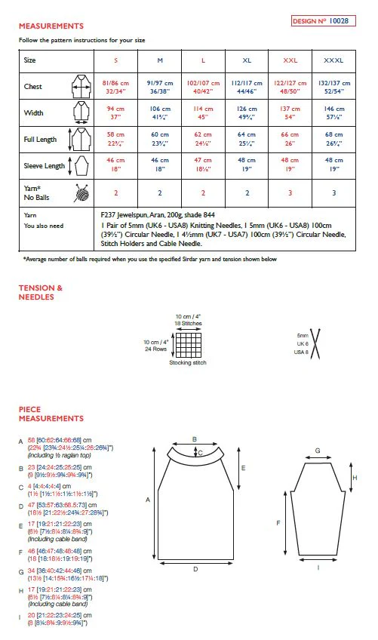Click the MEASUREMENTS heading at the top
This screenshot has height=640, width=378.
tap(51, 26)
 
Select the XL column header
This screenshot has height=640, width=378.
tap(247, 60)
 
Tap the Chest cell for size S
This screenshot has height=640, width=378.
tap(116, 86)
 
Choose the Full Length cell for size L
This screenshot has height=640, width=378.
tap(203, 140)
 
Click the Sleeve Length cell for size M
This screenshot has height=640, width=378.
tap(160, 165)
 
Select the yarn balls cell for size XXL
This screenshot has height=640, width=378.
tap(290, 193)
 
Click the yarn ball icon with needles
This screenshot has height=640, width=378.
tap(81, 193)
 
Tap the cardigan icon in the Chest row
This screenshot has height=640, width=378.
tap(79, 86)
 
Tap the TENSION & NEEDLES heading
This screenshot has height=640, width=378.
tap(41, 292)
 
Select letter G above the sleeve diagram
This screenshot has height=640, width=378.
tap(317, 451)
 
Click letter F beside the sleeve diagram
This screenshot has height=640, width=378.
tap(280, 522)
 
